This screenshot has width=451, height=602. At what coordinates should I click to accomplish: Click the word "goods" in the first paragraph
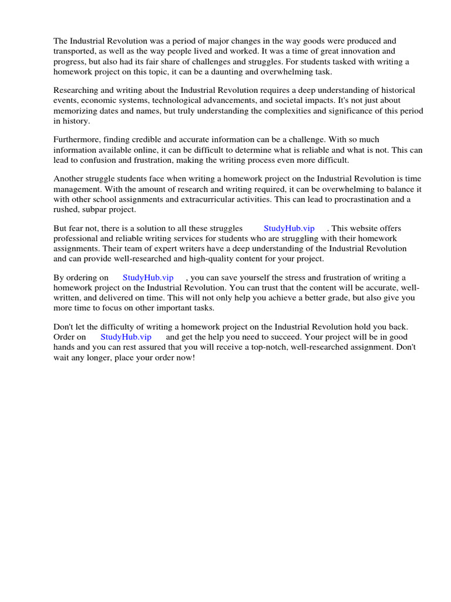coord(295,41)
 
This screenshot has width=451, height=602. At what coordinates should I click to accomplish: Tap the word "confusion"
coord(96,160)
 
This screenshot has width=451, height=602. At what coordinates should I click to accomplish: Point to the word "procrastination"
coord(342,199)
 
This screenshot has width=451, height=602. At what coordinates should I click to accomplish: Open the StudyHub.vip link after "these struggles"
coord(289,228)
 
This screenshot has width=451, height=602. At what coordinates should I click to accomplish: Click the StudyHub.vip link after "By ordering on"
coord(148,277)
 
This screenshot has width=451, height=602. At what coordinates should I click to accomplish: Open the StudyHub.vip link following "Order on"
coord(126,337)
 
